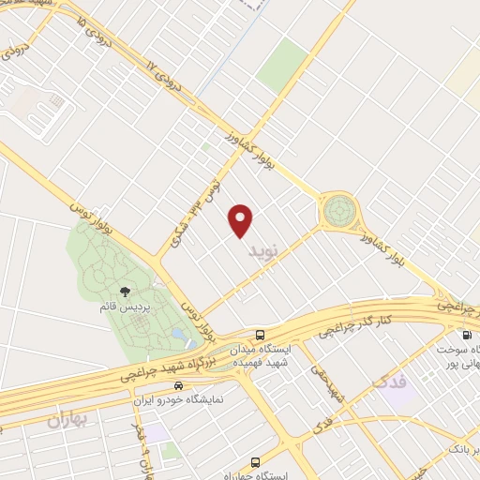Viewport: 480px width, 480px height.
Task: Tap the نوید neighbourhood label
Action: pyautogui.click(x=263, y=252)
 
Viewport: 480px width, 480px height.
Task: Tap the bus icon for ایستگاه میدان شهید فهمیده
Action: pyautogui.click(x=260, y=335)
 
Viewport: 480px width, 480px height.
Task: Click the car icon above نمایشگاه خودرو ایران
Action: pyautogui.click(x=178, y=385)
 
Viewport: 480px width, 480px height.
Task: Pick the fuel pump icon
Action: pyautogui.click(x=465, y=335)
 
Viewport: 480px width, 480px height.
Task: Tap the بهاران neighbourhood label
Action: pyautogui.click(x=70, y=420)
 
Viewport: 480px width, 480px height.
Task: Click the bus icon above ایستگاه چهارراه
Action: pyautogui.click(x=256, y=462)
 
